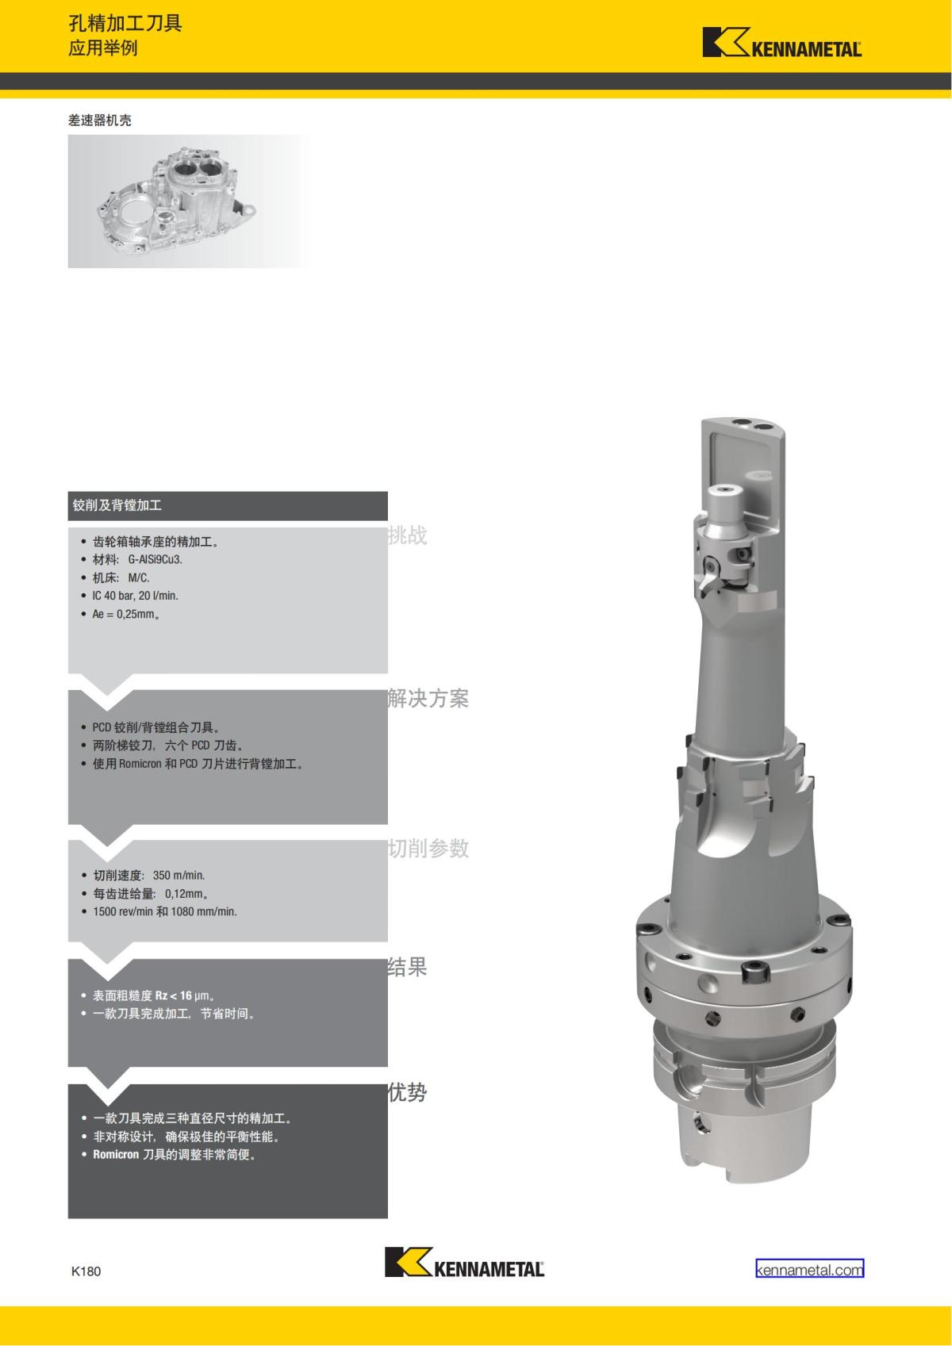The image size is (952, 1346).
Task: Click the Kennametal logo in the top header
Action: point(782,42)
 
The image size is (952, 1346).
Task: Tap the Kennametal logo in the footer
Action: point(464,1262)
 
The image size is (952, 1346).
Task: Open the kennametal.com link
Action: point(809,1270)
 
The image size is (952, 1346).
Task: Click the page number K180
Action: point(86,1271)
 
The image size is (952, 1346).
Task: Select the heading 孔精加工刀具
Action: point(125,24)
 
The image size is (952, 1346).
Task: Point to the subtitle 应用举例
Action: point(103,48)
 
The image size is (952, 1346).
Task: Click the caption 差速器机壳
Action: point(100,121)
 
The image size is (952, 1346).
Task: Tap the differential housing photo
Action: point(189,201)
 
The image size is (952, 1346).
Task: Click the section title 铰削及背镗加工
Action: point(117,505)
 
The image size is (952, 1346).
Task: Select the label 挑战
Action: point(407,535)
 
